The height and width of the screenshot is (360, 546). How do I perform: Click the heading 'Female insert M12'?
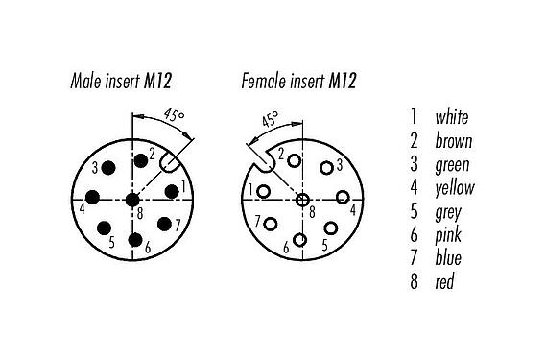(298, 82)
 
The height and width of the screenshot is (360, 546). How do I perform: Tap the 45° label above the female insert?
(269, 119)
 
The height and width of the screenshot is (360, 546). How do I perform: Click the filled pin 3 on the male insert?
(108, 169)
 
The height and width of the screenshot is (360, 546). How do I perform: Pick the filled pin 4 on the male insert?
(93, 198)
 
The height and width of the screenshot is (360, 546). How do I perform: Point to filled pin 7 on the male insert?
(165, 225)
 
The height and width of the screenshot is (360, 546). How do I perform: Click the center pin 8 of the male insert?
(131, 199)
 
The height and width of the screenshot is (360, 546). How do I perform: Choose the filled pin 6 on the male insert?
(136, 238)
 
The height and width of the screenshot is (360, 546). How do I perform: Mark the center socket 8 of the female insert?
(303, 199)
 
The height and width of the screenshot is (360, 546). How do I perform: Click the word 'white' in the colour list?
(452, 117)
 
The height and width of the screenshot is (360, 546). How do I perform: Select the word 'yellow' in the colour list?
(454, 187)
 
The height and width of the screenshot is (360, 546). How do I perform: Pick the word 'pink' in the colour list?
(448, 235)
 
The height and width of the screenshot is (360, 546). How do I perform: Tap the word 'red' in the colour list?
(444, 281)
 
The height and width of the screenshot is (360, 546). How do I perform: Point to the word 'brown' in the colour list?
(453, 141)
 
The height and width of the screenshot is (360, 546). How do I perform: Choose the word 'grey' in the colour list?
(448, 211)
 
